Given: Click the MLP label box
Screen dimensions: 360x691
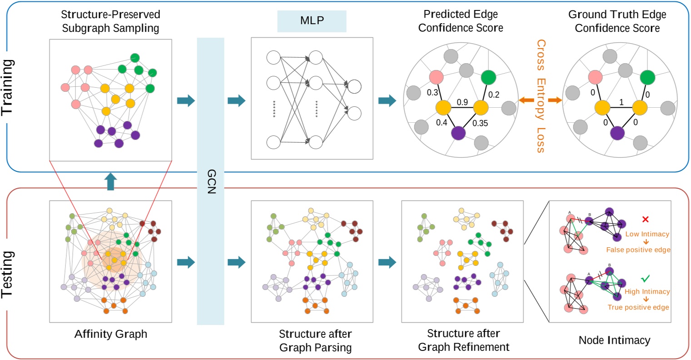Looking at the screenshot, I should [312, 21].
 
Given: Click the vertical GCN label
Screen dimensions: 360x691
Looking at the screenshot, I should [211, 182].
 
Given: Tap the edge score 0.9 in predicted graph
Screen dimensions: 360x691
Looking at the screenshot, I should [462, 102].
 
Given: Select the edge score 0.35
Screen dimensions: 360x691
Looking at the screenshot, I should [480, 123].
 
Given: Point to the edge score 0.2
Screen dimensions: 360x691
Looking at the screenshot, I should [493, 95].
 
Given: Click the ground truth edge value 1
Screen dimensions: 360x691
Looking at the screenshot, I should [621, 103].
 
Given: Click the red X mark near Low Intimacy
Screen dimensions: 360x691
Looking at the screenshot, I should [645, 220].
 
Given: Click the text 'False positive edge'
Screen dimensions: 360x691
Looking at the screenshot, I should [638, 250].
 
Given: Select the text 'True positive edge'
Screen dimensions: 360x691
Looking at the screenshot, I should [638, 307].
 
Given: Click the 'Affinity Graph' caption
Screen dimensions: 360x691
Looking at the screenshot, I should [110, 334].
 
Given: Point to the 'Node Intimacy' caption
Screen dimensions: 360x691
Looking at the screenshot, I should [614, 340].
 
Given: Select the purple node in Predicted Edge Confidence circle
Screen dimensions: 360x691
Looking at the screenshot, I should [459, 133].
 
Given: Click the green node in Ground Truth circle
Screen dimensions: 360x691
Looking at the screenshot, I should [647, 78].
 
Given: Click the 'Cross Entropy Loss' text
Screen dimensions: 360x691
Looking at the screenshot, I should [541, 95].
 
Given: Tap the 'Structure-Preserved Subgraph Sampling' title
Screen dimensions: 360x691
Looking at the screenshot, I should [110, 21].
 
